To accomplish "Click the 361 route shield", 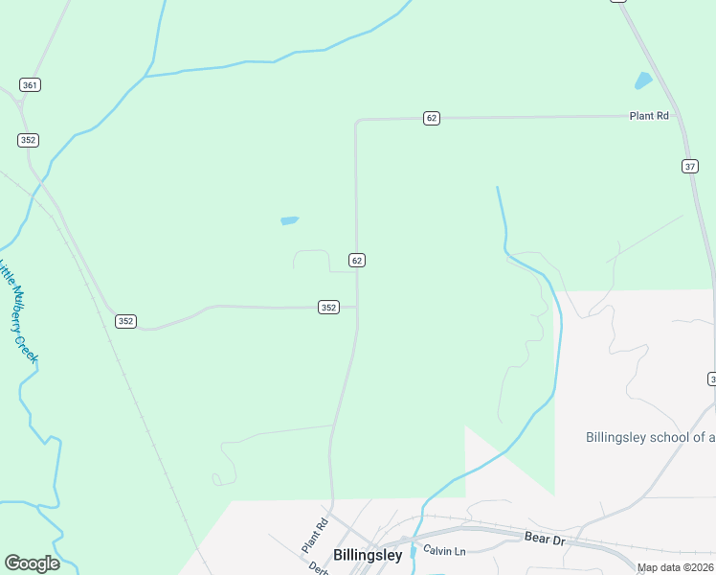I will pos(30,85).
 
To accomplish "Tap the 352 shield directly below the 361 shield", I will pos(28,140).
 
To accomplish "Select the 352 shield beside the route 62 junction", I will pos(328,308).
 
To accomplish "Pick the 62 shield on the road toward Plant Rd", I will pos(432,118).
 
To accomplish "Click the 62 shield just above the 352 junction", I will pos(356,261).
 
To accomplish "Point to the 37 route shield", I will pos(690,166).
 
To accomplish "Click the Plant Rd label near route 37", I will pos(648,116).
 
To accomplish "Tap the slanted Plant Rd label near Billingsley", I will pos(315,535).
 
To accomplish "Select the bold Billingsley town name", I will pos(368,555).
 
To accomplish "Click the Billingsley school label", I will pos(650,437).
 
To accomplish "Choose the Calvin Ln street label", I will pos(444,551).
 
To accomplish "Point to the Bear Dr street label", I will pos(547,539).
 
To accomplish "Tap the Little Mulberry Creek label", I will pos(18,310).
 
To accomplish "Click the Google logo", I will pos(32,563).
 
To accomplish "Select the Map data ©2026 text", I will pos(675,567).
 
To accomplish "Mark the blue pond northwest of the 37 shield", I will pos(643,81).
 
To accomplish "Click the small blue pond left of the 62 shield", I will pos(289,221).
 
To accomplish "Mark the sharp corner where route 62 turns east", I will pos(357,121).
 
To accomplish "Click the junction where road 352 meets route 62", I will pos(357,308).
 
